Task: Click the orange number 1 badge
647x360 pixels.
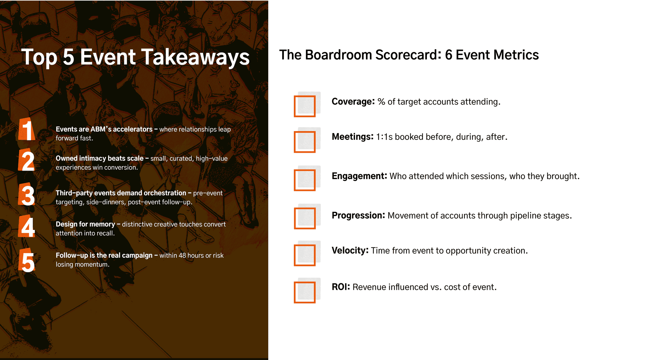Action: coord(27,129)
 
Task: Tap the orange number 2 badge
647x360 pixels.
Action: coord(27,160)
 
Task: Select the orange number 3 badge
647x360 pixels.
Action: coord(27,194)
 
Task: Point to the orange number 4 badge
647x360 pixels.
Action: coord(27,226)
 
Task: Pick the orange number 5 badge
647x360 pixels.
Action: coord(27,260)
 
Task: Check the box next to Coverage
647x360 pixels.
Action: coord(305,106)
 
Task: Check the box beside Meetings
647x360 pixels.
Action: coord(305,142)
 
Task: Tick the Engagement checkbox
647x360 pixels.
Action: coord(305,180)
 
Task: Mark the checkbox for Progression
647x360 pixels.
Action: coord(305,218)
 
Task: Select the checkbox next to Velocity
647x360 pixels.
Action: coord(305,255)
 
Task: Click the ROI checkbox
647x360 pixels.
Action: coord(305,292)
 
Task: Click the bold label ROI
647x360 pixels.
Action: coord(341,287)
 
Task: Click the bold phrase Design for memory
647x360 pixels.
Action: coord(85,224)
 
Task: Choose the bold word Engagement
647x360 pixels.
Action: coord(359,176)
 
